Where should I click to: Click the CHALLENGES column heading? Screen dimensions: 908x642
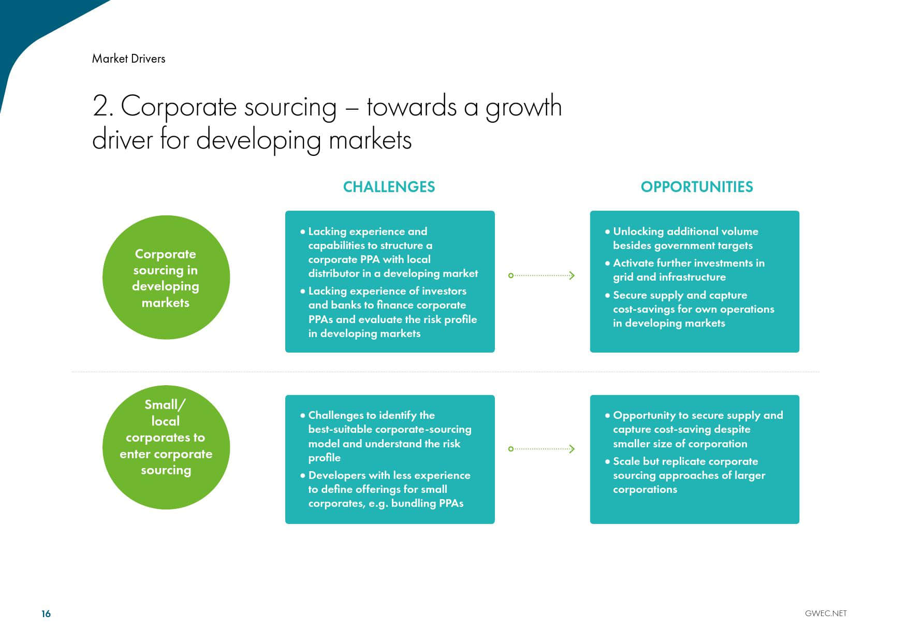pyautogui.click(x=389, y=187)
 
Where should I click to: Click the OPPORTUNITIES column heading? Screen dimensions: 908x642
pyautogui.click(x=697, y=187)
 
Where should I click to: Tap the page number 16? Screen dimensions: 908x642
pyautogui.click(x=46, y=614)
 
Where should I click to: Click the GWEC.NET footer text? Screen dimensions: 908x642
pyautogui.click(x=826, y=614)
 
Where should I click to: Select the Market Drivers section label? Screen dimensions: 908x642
pyautogui.click(x=128, y=59)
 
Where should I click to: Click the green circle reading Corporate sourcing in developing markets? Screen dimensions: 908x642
pyautogui.click(x=166, y=278)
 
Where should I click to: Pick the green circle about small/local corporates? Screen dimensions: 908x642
pyautogui.click(x=166, y=447)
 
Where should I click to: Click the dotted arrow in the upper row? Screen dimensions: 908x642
pyautogui.click(x=541, y=275)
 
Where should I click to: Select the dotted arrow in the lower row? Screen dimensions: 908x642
pyautogui.click(x=541, y=449)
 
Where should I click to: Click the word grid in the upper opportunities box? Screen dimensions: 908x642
pyautogui.click(x=623, y=278)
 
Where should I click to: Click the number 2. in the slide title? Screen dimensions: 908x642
pyautogui.click(x=103, y=106)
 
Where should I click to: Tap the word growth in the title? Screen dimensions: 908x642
pyautogui.click(x=523, y=108)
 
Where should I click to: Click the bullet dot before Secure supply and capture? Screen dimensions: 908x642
pyautogui.click(x=607, y=295)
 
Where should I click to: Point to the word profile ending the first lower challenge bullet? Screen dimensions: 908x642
pyautogui.click(x=325, y=458)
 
